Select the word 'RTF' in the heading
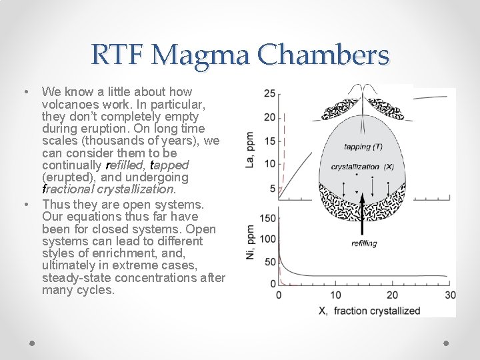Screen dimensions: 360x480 (x=117, y=55)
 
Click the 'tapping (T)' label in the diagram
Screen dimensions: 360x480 (x=363, y=147)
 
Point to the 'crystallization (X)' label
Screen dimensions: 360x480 (x=363, y=167)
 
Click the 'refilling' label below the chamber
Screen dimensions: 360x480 (x=364, y=243)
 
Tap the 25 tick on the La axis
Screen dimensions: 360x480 (x=270, y=93)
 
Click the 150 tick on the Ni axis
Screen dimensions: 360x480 (x=267, y=218)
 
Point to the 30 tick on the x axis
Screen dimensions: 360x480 (x=450, y=295)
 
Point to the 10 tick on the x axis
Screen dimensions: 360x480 (x=335, y=295)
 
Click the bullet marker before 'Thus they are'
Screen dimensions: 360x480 (x=25, y=204)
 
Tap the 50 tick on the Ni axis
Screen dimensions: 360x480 (x=270, y=261)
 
